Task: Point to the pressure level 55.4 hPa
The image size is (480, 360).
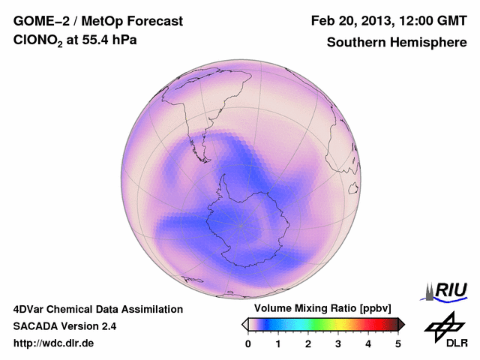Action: [x=110, y=43]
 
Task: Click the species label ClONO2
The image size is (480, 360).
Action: [x=38, y=43]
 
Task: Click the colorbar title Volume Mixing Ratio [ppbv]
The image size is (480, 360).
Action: [x=319, y=308]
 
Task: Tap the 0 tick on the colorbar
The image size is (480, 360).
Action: [x=248, y=343]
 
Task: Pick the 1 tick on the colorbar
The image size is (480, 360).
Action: [x=278, y=343]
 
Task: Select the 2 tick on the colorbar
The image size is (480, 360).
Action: [x=308, y=343]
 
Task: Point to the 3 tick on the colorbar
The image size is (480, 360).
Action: [x=338, y=343]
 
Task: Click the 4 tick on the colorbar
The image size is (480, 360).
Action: [x=368, y=343]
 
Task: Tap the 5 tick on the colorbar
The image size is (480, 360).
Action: [x=398, y=343]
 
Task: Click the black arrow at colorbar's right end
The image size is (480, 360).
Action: [x=401, y=324]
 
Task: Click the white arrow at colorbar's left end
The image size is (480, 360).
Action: [x=244, y=324]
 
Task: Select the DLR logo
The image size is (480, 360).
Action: [x=445, y=330]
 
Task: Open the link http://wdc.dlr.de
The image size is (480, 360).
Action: [x=54, y=343]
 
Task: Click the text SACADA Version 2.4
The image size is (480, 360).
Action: [x=64, y=326]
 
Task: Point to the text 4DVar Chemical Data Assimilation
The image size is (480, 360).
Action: [x=97, y=309]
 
